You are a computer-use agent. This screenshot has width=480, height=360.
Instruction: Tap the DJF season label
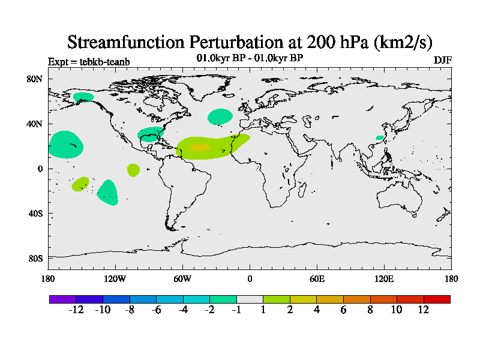click(442, 61)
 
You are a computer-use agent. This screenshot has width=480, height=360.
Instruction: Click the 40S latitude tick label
click(36, 214)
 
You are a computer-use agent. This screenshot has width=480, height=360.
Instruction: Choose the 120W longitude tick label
click(115, 279)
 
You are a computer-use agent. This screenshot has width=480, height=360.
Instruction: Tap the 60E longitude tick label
click(317, 279)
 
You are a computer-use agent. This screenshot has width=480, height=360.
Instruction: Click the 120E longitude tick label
click(384, 279)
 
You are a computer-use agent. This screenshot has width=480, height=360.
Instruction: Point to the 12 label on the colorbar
click(424, 310)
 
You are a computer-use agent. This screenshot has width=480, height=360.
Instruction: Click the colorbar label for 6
click(344, 310)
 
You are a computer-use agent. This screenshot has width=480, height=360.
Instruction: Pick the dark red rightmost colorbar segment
click(437, 299)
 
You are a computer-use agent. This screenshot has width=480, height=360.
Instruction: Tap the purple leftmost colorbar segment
click(62, 299)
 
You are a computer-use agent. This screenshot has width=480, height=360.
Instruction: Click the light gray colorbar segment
click(250, 299)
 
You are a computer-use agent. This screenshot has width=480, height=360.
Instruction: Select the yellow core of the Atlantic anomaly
click(200, 147)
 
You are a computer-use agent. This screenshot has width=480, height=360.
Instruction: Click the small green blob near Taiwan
click(379, 138)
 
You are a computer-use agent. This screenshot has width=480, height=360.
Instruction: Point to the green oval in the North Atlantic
click(220, 116)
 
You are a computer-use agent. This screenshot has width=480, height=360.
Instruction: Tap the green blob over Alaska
click(83, 97)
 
